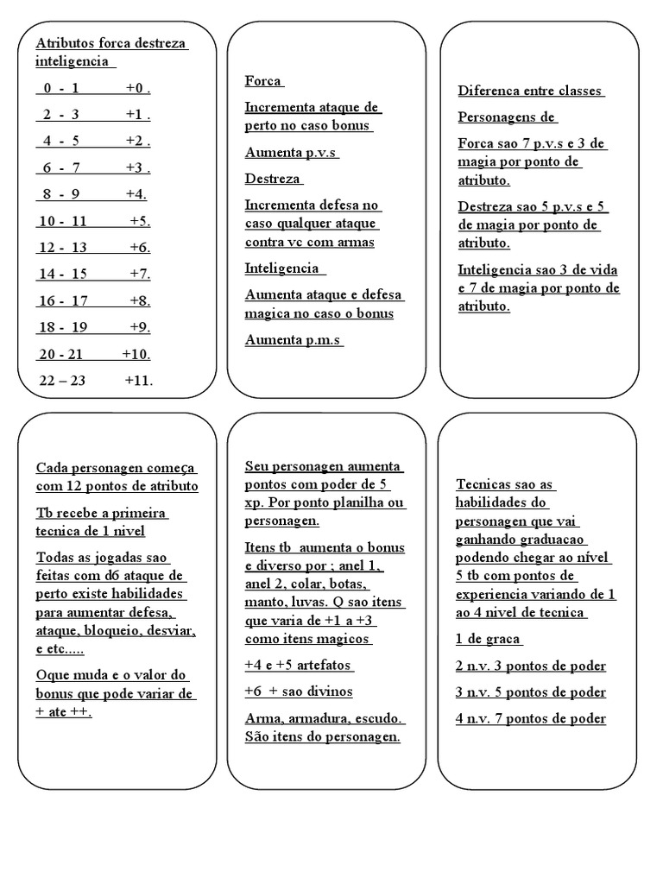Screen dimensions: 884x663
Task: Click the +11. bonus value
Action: pos(138,380)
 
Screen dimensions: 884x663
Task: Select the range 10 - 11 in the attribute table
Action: pos(63,221)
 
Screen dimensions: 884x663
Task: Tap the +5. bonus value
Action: pos(141,221)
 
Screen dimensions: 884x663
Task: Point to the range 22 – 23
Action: pos(62,380)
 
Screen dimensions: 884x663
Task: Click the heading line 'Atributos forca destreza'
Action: pos(111,43)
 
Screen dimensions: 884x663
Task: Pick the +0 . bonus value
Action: pos(138,88)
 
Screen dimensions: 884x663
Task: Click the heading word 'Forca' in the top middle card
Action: pos(263,81)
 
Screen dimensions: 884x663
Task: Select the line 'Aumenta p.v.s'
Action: pos(291,153)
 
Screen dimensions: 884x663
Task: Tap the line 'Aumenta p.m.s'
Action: pos(294,340)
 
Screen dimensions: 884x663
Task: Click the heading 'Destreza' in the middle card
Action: pos(273,179)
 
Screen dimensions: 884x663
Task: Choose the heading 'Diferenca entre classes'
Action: pos(530,91)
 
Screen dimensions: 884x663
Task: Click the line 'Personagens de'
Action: pos(507,117)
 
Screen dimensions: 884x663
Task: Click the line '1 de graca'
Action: pos(489,640)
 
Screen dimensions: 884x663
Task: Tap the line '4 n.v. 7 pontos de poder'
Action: pos(530,718)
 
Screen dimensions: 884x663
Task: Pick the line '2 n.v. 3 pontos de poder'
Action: pos(530,666)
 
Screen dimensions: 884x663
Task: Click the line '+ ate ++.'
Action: pos(64,713)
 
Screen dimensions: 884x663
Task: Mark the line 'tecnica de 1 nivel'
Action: pos(91,531)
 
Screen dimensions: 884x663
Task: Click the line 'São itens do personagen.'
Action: pos(323,737)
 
